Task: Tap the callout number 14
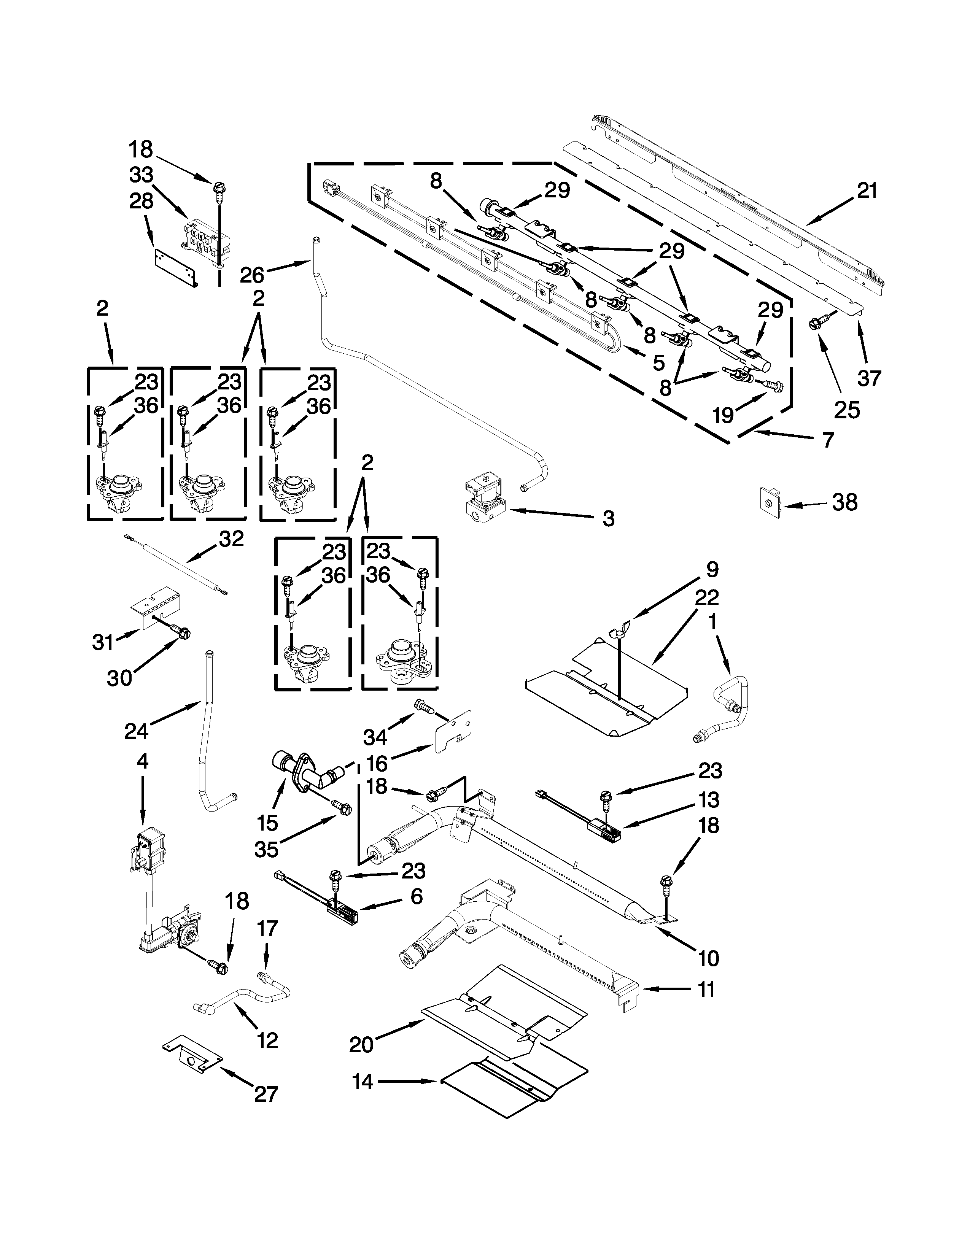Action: [363, 1082]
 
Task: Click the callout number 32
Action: [231, 539]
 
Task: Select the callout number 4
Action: [142, 761]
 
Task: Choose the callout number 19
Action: [723, 414]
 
